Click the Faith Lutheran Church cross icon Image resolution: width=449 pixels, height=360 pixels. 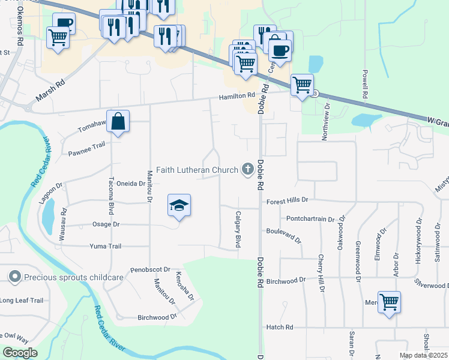[247, 170]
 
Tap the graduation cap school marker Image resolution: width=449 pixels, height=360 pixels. [179, 205]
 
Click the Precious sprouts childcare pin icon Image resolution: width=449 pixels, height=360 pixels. [14, 277]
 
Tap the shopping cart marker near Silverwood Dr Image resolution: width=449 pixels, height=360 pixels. [390, 302]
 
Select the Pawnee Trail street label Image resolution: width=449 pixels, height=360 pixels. [86, 145]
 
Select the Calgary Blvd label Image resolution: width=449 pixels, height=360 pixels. [238, 230]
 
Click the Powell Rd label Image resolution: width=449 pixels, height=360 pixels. [364, 84]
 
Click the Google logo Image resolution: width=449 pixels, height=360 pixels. [19, 353]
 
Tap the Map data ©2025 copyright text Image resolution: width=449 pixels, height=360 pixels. [423, 355]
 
